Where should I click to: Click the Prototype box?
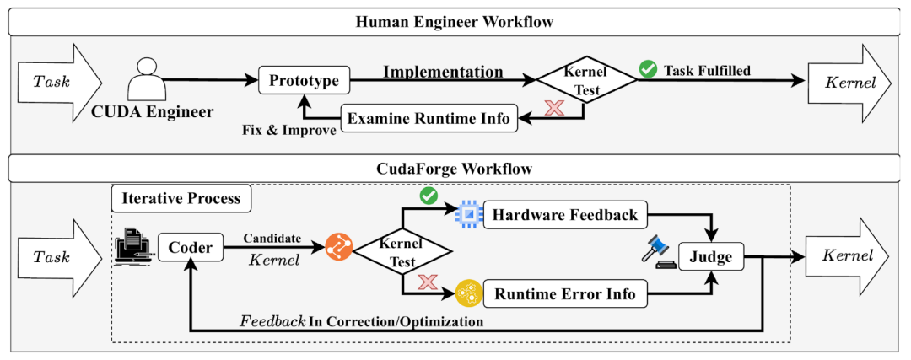[x=304, y=81]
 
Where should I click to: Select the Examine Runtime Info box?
[x=428, y=119]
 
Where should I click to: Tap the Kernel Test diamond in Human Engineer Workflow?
[x=587, y=81]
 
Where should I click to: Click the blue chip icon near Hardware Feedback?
[x=466, y=216]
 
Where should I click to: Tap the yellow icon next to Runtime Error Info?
[x=466, y=294]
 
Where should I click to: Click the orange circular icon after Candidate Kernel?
[x=337, y=248]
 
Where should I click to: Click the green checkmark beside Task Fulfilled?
[x=648, y=70]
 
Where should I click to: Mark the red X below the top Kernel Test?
[x=554, y=108]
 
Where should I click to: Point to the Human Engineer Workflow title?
[x=455, y=22]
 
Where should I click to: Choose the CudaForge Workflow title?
[x=455, y=169]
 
